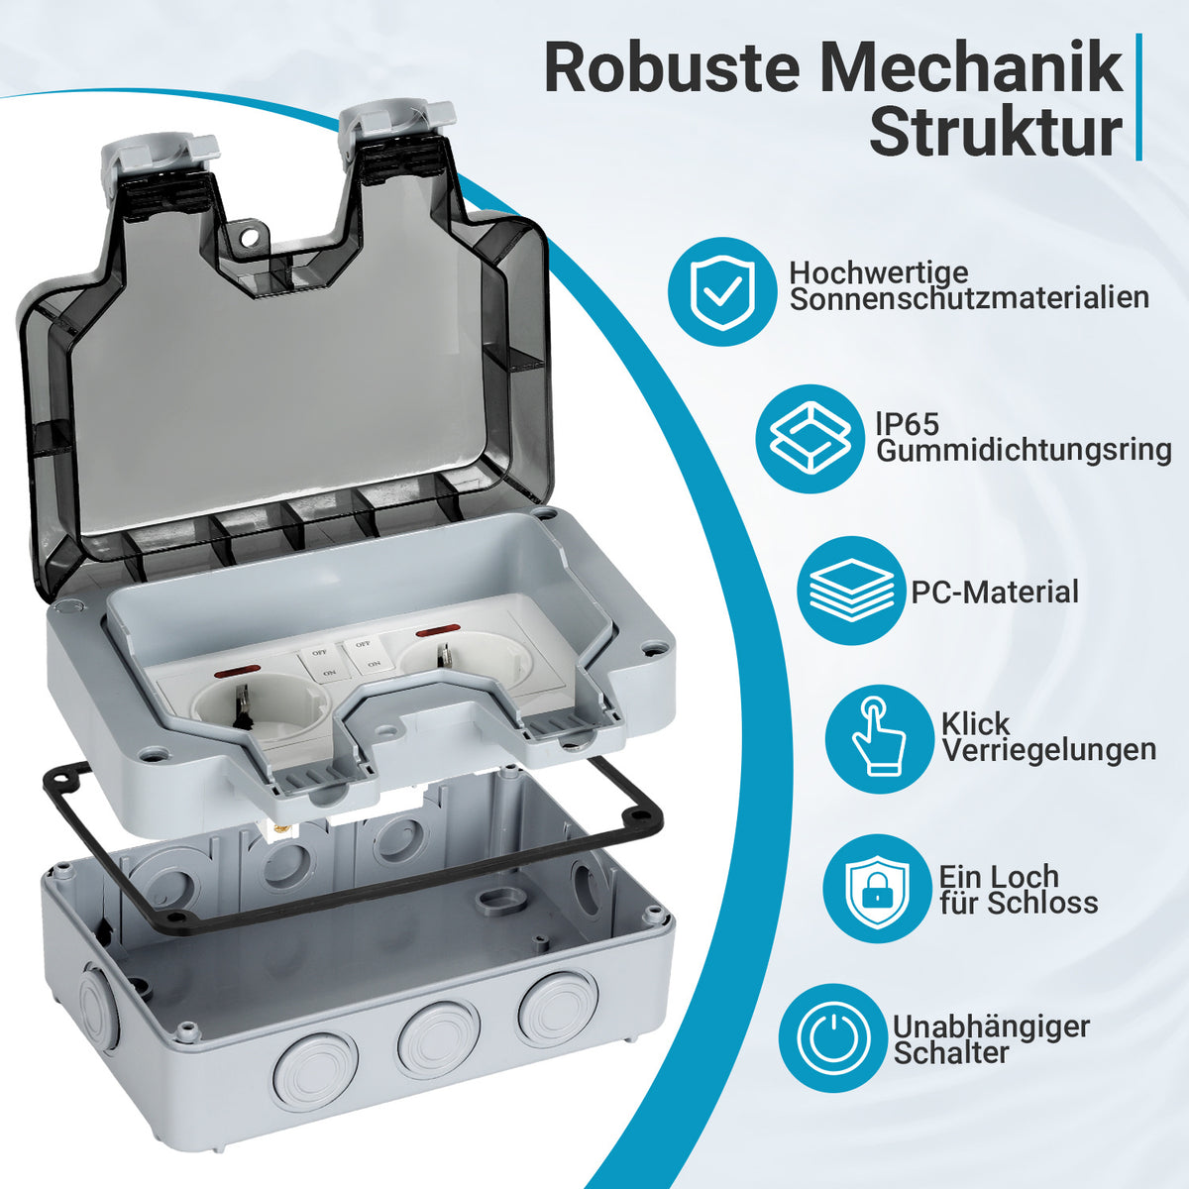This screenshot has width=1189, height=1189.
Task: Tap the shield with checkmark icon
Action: tap(722, 292)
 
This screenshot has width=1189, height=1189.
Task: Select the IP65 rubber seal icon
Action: tap(811, 439)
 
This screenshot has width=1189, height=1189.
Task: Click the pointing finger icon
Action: tap(879, 738)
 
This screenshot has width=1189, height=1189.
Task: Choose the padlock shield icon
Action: tap(877, 889)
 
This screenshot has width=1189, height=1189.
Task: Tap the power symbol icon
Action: tap(833, 1037)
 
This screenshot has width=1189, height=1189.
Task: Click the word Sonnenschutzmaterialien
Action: tap(969, 298)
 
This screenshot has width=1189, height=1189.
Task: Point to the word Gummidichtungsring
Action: tap(1024, 450)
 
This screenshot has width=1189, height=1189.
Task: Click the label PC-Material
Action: tap(995, 592)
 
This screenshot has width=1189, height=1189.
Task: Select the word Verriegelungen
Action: tap(1049, 750)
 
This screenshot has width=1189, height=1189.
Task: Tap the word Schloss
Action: tap(1042, 903)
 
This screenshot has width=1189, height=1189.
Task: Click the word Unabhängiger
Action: tap(991, 1027)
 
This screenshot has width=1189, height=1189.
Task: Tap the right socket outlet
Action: tap(466, 661)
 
